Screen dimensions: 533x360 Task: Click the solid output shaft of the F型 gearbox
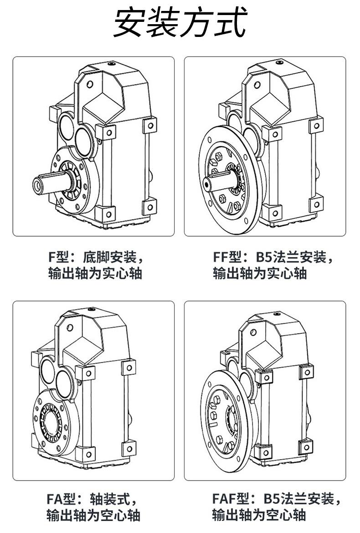pyautogui.click(x=52, y=184)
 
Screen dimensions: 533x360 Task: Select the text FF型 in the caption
pyautogui.click(x=227, y=258)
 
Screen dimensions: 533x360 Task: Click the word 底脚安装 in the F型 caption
pyautogui.click(x=110, y=258)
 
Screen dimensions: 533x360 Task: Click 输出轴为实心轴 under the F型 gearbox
pyautogui.click(x=95, y=274)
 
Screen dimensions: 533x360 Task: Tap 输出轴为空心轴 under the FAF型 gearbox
pyautogui.click(x=258, y=515)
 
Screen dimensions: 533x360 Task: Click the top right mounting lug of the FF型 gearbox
pyautogui.click(x=315, y=125)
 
